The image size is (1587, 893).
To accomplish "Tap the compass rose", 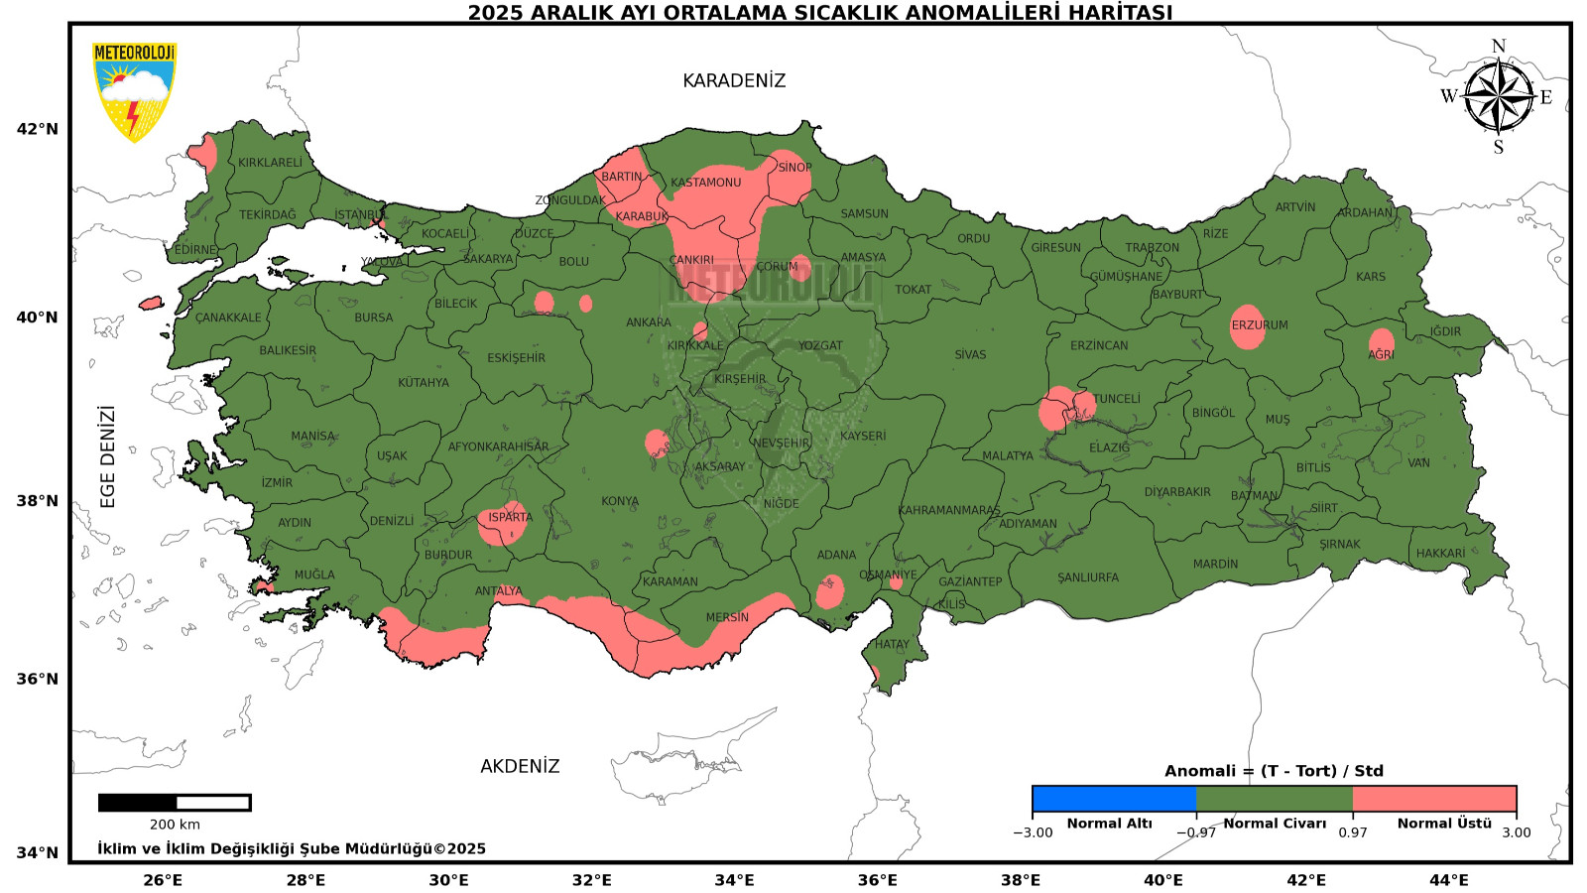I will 1498,97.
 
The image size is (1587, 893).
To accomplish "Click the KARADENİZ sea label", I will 734,80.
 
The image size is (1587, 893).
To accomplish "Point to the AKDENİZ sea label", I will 520,766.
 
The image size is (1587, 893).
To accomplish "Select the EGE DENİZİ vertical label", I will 108,456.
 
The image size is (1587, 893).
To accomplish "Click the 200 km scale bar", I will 175,803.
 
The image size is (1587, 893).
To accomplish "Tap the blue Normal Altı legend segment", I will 1113,799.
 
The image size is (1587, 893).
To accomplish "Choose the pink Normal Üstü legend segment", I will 1434,799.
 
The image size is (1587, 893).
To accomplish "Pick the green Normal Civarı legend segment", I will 1274,799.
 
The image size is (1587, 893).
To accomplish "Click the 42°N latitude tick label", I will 38,129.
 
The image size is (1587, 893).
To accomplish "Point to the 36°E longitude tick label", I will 877,880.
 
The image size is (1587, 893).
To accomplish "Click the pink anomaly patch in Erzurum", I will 1248,327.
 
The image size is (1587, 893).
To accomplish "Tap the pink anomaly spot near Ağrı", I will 1382,343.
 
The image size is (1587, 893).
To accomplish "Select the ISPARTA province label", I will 510,517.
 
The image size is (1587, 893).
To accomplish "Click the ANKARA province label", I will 649,322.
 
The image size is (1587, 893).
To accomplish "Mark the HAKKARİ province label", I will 1440,554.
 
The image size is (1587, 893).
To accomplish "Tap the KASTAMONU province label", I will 705,183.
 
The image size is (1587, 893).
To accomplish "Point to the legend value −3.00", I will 1033,832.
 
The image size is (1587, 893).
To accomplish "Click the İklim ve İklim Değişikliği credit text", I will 292,848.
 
